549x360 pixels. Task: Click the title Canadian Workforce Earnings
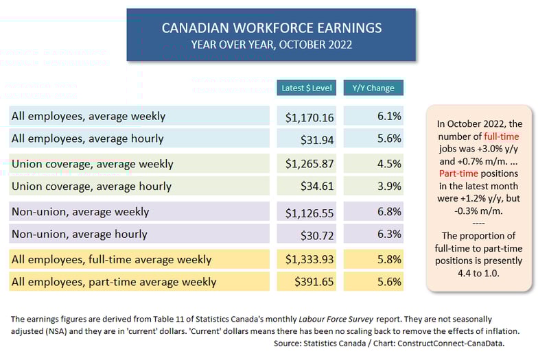pyautogui.click(x=271, y=28)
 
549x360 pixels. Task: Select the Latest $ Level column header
pyautogui.click(x=306, y=88)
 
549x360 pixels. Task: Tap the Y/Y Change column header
pyautogui.click(x=373, y=88)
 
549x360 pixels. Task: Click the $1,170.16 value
pyautogui.click(x=309, y=117)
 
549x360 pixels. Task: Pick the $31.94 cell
pyautogui.click(x=317, y=139)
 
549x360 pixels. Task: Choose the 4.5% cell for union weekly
pyautogui.click(x=389, y=165)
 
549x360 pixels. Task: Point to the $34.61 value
pyautogui.click(x=317, y=186)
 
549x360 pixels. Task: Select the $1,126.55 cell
pyautogui.click(x=309, y=213)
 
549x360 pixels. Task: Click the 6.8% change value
pyautogui.click(x=389, y=213)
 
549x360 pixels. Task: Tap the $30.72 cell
pyautogui.click(x=317, y=234)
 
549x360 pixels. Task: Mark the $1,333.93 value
pyautogui.click(x=309, y=260)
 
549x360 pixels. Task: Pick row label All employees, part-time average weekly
pyautogui.click(x=114, y=282)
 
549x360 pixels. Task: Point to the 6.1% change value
pyautogui.click(x=389, y=117)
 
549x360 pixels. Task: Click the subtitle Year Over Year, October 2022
pyautogui.click(x=271, y=45)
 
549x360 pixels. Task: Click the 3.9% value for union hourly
pyautogui.click(x=389, y=186)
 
